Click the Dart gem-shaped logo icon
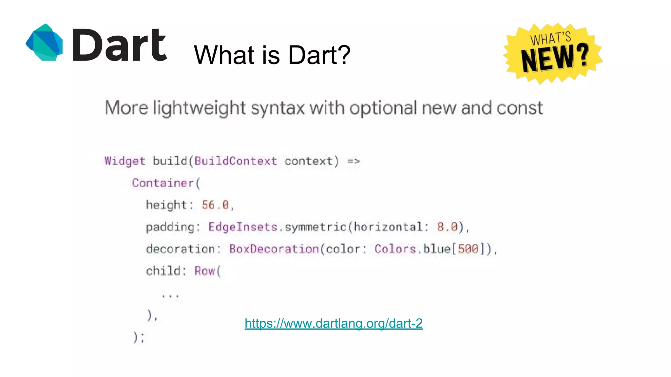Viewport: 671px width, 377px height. (x=44, y=43)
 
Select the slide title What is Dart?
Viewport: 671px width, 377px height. (x=272, y=55)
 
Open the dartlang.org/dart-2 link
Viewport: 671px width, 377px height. (x=334, y=323)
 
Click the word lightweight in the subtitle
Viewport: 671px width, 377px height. (x=199, y=108)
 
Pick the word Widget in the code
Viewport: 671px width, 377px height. (x=125, y=161)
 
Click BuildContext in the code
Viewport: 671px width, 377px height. (x=236, y=161)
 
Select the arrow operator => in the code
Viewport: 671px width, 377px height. (x=354, y=161)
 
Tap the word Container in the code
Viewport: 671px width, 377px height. (x=163, y=183)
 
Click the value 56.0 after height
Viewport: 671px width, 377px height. (x=215, y=205)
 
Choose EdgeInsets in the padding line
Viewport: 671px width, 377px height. (x=243, y=227)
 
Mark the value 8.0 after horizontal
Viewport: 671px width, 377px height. (x=447, y=227)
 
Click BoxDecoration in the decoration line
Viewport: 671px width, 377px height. (x=274, y=249)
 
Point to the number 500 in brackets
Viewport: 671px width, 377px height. (x=468, y=249)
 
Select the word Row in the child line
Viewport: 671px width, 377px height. (x=204, y=271)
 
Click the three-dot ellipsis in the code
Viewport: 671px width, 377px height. (x=170, y=296)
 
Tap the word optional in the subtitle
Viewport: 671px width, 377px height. (x=383, y=108)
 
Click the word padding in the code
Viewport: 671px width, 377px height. (x=170, y=227)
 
